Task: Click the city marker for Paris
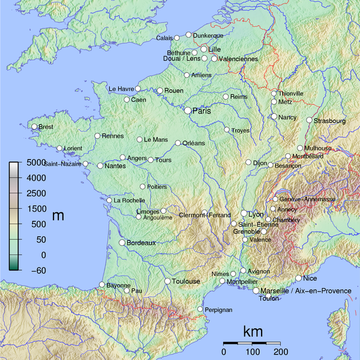(x=188, y=110)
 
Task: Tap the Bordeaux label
(x=141, y=243)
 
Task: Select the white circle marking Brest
(x=34, y=127)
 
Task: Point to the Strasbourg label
(x=330, y=121)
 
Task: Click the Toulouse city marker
(x=167, y=281)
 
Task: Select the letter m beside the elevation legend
(x=58, y=215)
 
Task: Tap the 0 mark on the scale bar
(x=224, y=351)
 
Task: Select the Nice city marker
(x=298, y=278)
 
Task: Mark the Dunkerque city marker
(x=188, y=35)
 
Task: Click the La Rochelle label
(x=130, y=200)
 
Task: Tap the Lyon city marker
(x=244, y=214)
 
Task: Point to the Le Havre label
(x=121, y=89)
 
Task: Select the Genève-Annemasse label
(x=307, y=199)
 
